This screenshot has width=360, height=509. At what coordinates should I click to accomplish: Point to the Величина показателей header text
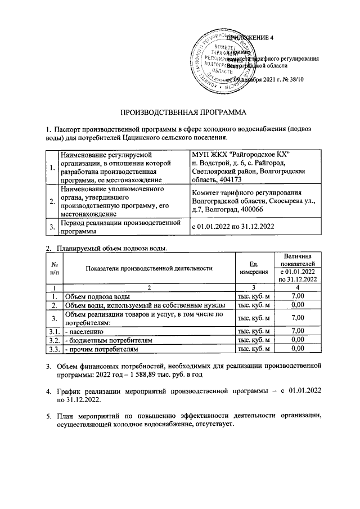(298, 259)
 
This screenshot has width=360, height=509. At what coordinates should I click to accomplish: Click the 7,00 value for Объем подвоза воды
(298, 296)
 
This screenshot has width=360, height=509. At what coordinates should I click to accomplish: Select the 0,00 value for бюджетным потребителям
(298, 340)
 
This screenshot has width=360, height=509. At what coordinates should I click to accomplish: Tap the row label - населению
(84, 331)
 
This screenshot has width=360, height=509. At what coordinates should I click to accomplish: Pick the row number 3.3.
(54, 349)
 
